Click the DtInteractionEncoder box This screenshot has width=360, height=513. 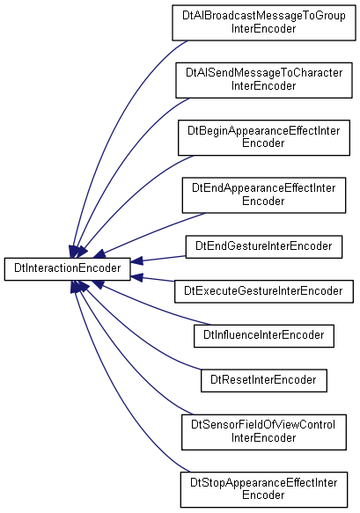click(68, 268)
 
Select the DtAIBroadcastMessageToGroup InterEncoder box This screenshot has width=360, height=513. click(264, 23)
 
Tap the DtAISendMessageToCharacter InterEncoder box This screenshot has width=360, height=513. click(264, 80)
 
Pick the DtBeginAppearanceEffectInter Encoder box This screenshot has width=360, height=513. click(264, 138)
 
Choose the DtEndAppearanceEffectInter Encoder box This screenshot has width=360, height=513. click(264, 195)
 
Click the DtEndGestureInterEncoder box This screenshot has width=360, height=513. click(264, 246)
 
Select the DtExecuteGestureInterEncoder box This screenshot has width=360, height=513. click(264, 291)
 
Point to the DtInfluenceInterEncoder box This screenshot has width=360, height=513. click(264, 335)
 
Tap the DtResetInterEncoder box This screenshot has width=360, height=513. click(264, 380)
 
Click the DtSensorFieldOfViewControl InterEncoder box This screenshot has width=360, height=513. click(264, 432)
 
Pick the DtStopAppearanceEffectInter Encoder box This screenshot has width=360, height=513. click(264, 489)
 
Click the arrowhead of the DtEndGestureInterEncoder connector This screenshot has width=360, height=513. click(136, 261)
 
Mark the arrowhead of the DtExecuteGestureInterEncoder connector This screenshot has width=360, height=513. click(136, 277)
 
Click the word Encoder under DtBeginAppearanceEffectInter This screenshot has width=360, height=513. click(263, 143)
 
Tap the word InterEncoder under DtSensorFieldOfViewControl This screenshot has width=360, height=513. click(263, 437)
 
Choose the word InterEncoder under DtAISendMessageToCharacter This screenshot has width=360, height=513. click(263, 86)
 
